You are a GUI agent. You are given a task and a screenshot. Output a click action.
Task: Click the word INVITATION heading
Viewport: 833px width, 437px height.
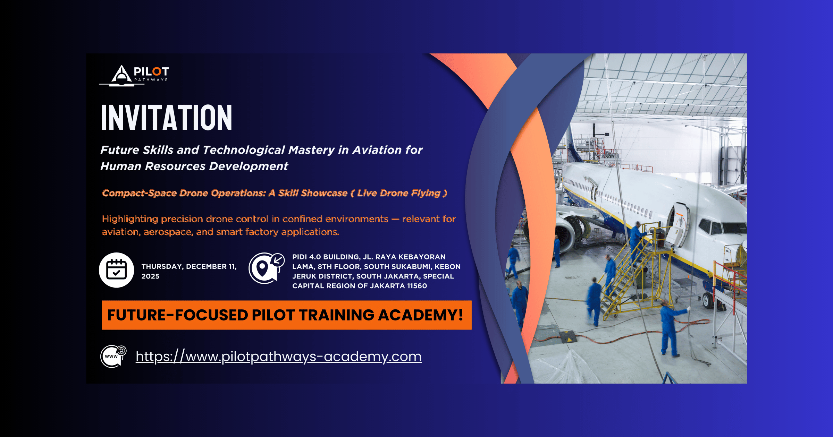click(166, 118)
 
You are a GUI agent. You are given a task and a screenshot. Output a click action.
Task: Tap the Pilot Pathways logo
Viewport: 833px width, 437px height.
click(135, 75)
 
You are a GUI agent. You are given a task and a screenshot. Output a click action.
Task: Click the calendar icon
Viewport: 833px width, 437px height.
click(117, 270)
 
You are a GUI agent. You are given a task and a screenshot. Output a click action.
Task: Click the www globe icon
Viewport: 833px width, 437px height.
click(113, 356)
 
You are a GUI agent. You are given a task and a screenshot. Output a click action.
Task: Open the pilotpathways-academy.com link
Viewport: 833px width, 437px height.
click(278, 357)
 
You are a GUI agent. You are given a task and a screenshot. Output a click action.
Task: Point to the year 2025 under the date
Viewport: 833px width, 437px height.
click(150, 276)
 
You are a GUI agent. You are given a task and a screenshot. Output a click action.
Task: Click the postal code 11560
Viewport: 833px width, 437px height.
click(417, 286)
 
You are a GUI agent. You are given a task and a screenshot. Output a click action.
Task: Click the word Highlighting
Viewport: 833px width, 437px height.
click(130, 219)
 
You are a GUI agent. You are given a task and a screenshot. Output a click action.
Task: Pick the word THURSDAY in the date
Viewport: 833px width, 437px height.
click(162, 267)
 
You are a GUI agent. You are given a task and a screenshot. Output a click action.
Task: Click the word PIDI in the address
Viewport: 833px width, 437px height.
click(300, 257)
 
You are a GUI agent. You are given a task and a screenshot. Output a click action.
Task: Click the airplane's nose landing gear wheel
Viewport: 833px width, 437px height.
click(707, 300)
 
